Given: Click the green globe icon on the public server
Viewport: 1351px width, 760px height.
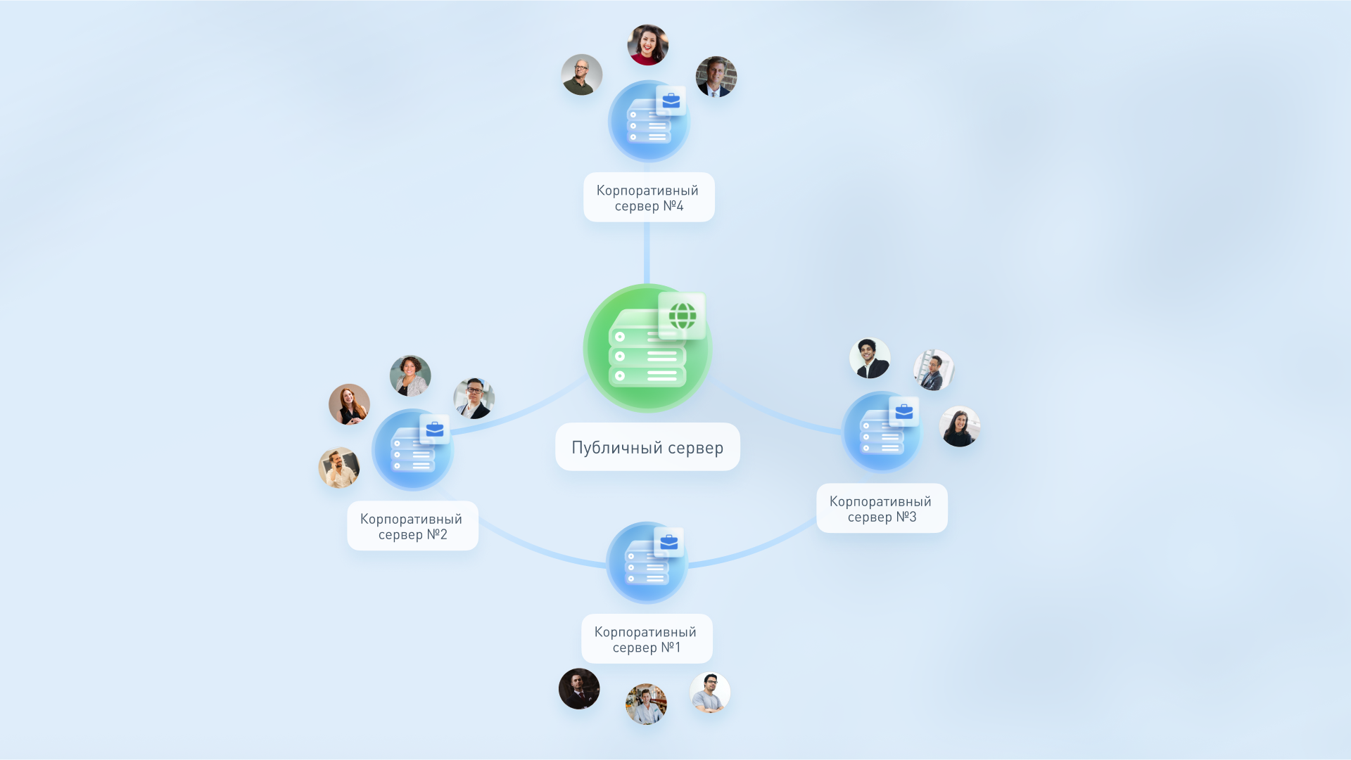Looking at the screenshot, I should pos(682,316).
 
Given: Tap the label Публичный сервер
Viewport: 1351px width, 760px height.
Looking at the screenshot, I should pos(647,447).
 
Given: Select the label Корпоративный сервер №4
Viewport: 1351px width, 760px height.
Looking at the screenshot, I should pos(648,198).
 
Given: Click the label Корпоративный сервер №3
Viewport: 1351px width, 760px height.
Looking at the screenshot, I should pos(881,508).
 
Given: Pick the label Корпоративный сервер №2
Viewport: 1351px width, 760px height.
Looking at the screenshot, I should pos(412,526).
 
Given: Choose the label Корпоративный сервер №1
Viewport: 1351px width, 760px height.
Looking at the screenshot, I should pos(646,639).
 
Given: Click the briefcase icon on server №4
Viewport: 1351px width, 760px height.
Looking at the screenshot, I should pos(671,101).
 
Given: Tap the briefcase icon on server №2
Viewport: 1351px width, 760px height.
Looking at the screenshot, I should pos(435,429).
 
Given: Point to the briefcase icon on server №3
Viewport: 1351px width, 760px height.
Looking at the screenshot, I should pos(904,412).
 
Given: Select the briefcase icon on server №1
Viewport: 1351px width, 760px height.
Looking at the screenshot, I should pos(669,542).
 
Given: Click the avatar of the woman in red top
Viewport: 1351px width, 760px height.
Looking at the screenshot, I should pos(647,45).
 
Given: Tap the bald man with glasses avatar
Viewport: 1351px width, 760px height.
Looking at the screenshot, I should pos(581,75).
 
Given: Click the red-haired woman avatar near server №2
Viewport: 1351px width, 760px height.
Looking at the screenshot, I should pos(349,404).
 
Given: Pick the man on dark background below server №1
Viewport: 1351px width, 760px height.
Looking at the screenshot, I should pos(579,688).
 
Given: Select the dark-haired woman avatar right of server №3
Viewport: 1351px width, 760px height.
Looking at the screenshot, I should pos(959,426).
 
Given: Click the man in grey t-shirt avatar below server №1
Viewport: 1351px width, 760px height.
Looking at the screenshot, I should pos(710,693).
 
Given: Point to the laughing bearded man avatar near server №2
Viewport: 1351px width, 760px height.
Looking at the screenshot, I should pos(339,468).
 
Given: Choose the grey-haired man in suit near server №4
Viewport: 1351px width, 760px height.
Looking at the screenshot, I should pos(716,77).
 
